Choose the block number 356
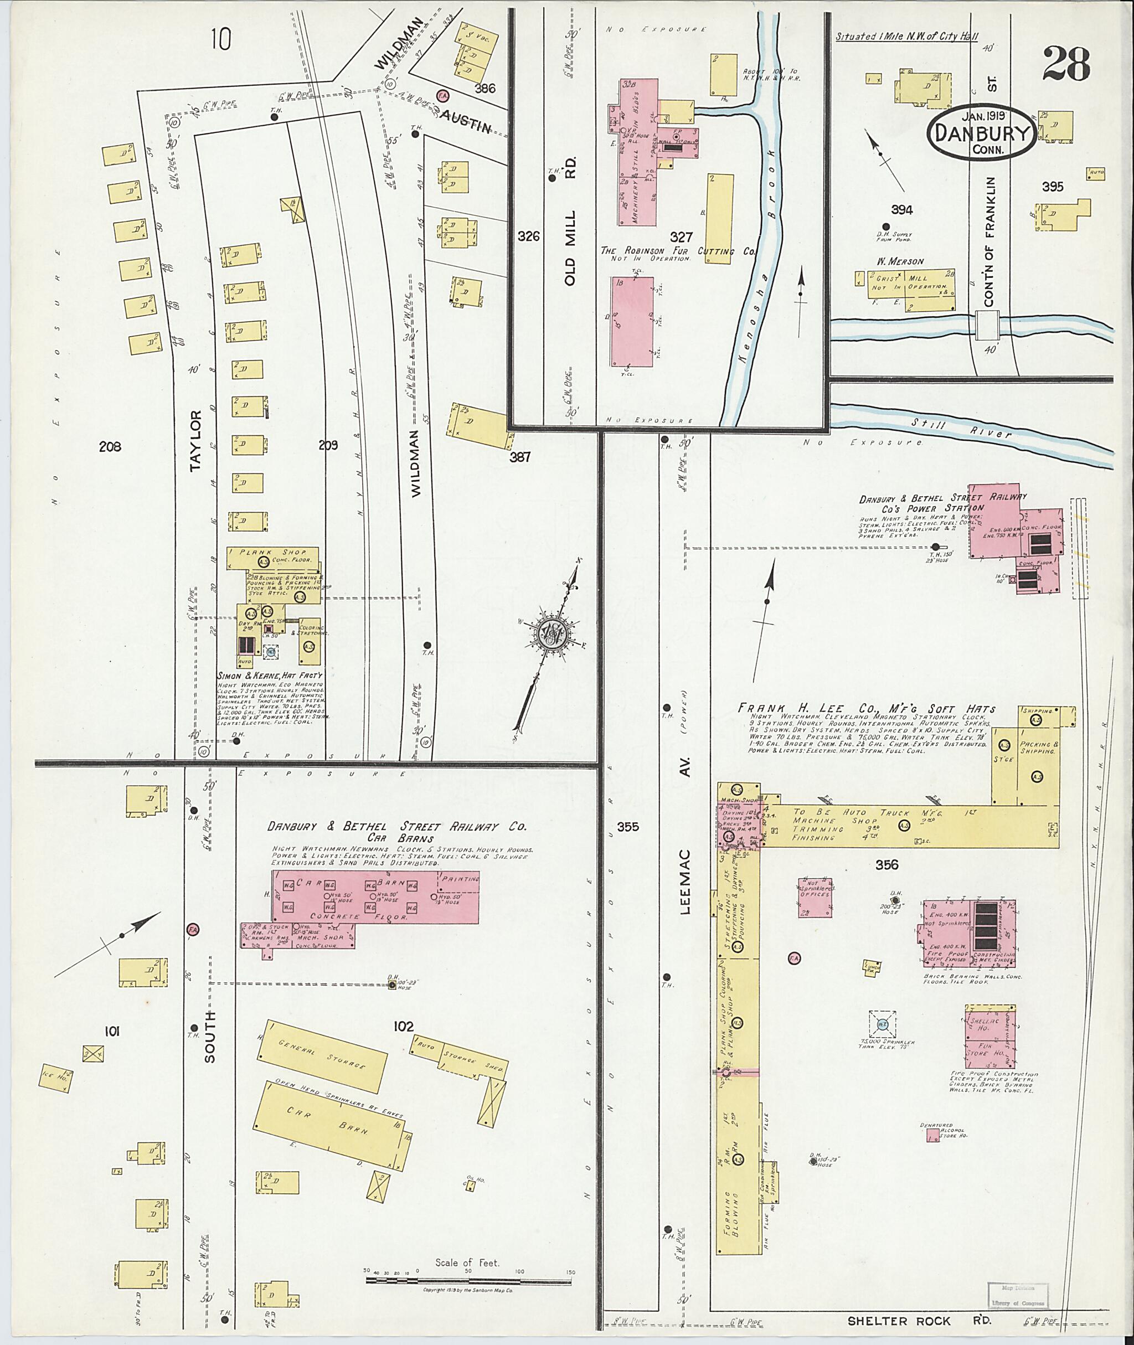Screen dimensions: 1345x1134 [x=886, y=865]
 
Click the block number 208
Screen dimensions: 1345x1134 [x=110, y=446]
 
